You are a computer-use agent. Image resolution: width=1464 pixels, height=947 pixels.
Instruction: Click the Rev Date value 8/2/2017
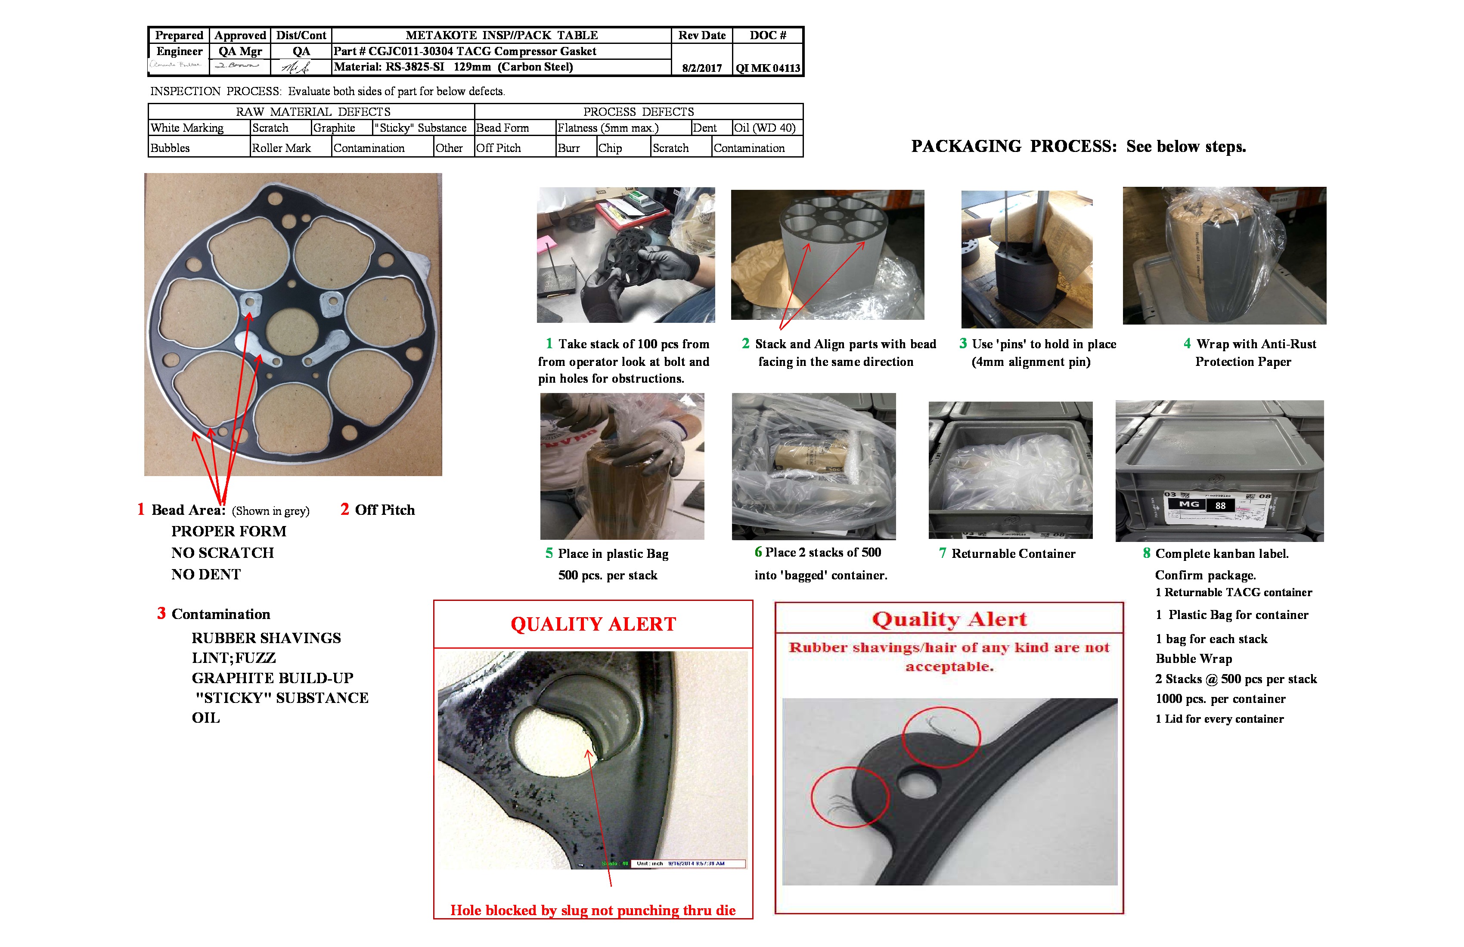tap(701, 68)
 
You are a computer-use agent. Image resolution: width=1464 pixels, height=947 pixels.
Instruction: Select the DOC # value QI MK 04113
tap(768, 68)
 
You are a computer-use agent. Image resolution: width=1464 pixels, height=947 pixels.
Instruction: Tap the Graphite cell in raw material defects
tap(334, 128)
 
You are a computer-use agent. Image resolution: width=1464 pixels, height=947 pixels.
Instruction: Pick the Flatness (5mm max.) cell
tap(608, 128)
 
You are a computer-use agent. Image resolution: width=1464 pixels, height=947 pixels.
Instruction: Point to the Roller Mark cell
tap(281, 148)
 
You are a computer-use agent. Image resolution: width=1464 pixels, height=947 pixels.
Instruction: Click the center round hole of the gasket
tap(292, 331)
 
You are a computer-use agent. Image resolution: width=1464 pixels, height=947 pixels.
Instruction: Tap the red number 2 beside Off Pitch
tap(344, 509)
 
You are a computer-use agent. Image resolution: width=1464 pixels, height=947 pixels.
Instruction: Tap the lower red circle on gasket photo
tap(850, 797)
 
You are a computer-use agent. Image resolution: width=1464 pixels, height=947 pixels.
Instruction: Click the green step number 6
tap(758, 552)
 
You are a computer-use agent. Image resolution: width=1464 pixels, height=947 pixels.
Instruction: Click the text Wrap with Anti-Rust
tap(1256, 344)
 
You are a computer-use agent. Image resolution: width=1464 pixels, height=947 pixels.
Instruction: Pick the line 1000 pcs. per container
tap(1220, 699)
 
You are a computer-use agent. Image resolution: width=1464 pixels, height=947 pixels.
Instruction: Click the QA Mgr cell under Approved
tap(240, 52)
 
